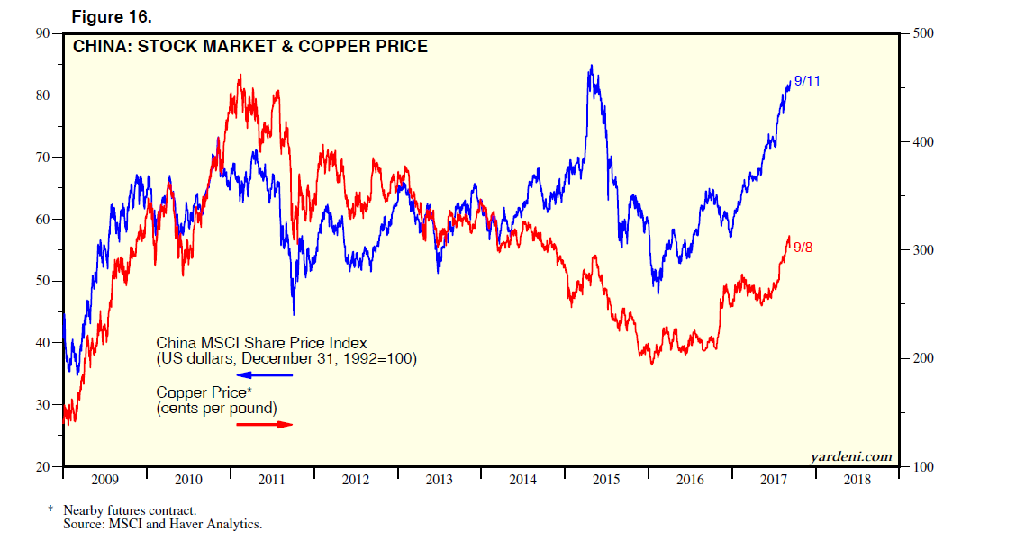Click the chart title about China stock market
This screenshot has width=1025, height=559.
tap(251, 46)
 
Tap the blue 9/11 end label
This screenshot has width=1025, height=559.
tap(807, 81)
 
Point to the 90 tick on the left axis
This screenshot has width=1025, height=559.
tap(42, 33)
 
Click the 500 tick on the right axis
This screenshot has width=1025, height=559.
tap(924, 33)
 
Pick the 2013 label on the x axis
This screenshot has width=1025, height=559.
tap(440, 480)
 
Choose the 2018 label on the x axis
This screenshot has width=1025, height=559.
tap(857, 480)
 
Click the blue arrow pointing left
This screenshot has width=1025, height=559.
tap(265, 374)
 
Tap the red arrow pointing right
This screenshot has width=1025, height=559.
tap(265, 424)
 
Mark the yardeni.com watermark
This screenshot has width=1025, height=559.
tap(850, 456)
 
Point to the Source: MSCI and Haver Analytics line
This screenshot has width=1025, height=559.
tap(162, 523)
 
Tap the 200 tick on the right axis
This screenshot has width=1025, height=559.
tap(924, 358)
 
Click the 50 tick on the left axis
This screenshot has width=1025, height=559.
tap(42, 281)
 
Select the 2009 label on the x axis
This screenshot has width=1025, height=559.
tap(105, 480)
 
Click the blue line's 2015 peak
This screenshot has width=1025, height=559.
tap(591, 66)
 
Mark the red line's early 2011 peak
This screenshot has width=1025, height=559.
tap(240, 76)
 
